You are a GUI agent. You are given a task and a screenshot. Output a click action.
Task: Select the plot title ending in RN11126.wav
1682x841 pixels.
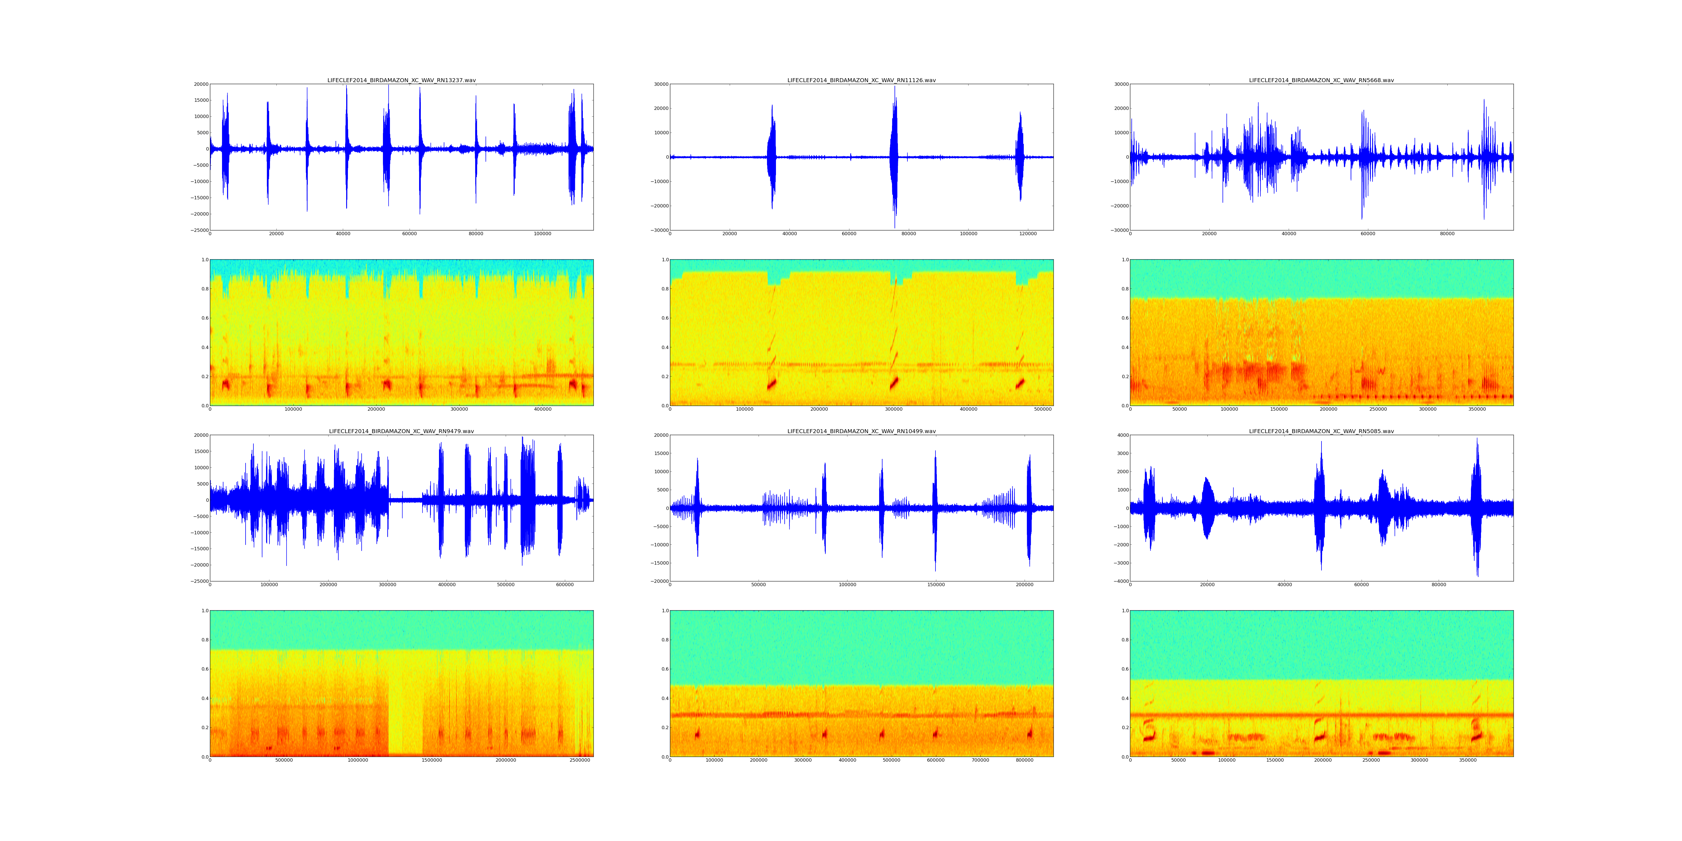[x=861, y=80]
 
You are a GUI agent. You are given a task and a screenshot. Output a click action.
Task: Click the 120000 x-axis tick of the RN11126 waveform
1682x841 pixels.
[x=1028, y=234]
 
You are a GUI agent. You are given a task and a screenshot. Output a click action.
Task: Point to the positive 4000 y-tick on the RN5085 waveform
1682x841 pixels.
[x=1120, y=435]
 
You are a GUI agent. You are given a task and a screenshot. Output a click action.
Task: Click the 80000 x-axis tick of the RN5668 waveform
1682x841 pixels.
[x=1447, y=234]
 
